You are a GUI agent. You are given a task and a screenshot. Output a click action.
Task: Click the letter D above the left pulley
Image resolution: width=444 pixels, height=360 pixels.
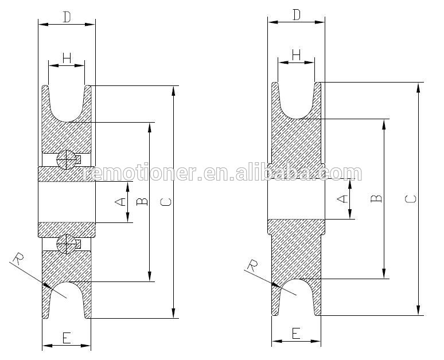[67, 17]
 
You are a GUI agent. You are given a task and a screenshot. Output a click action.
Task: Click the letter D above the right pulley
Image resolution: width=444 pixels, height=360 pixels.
[296, 15]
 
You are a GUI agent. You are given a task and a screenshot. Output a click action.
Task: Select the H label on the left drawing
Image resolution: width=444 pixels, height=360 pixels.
[67, 57]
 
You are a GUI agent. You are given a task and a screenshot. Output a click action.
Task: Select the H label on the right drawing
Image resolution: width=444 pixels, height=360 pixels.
[296, 54]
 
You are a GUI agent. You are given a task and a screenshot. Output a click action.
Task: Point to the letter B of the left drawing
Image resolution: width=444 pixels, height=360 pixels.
[143, 201]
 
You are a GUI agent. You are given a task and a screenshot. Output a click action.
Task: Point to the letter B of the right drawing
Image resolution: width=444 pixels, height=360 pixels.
[376, 198]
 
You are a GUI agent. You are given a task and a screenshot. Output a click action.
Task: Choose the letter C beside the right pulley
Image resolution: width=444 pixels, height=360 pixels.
[411, 198]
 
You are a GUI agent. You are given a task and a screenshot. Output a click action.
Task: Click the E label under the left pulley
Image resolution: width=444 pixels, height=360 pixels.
[67, 339]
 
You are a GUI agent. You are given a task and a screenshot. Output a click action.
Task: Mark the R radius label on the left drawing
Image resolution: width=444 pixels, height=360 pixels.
[18, 259]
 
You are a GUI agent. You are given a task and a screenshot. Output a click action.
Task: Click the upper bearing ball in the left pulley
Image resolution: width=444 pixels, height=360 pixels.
[67, 159]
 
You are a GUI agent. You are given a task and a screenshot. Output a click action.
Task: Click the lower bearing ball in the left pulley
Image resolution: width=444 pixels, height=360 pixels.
[67, 244]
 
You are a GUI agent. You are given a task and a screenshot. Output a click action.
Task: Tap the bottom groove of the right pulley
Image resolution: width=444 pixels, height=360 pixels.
[297, 294]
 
